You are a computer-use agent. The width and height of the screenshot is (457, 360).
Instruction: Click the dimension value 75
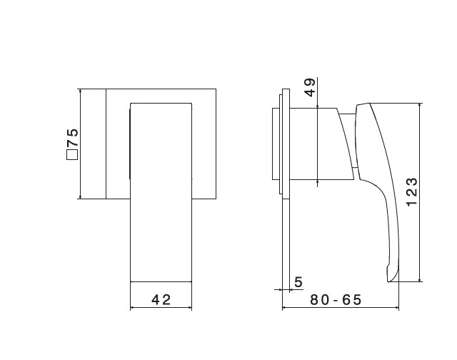click(x=73, y=137)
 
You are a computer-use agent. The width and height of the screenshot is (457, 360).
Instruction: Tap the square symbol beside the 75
click(x=72, y=154)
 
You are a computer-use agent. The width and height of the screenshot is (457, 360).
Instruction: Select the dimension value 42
click(x=161, y=300)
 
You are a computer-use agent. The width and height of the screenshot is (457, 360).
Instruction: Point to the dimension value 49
click(x=310, y=87)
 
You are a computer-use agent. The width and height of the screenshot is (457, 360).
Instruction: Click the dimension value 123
click(x=412, y=191)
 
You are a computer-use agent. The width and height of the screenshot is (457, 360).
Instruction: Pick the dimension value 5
click(x=298, y=282)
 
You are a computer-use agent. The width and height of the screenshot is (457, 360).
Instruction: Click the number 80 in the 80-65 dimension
click(x=320, y=300)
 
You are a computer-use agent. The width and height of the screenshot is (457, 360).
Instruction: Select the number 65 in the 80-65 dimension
click(x=352, y=300)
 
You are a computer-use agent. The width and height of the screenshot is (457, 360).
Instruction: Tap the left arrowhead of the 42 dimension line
click(x=131, y=307)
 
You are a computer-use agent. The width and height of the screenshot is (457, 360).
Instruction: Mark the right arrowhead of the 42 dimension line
click(x=190, y=307)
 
